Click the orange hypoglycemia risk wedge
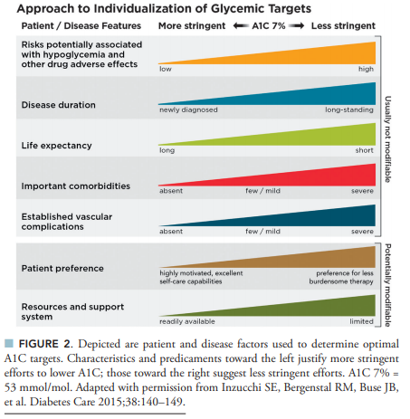[x=301, y=56]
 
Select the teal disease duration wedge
[x=301, y=97]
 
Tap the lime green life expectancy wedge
[x=301, y=138]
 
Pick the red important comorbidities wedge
[x=301, y=178]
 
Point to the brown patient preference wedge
[x=301, y=261]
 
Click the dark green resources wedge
[x=301, y=309]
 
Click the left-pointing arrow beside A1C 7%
[x=241, y=26]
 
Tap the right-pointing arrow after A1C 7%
[x=296, y=26]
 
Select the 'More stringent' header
[x=192, y=26]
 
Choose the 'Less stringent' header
[x=343, y=26]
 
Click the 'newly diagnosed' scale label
[x=188, y=110]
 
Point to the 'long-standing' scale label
[x=349, y=110]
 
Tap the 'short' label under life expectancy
[x=364, y=150]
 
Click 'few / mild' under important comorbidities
[x=262, y=191]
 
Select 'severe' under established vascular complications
[x=362, y=232]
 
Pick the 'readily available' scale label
[x=187, y=321]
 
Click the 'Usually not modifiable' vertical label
[x=388, y=139]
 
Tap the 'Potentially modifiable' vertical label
[x=388, y=285]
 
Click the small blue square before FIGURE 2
[x=9, y=343]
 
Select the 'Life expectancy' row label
[x=56, y=146]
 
